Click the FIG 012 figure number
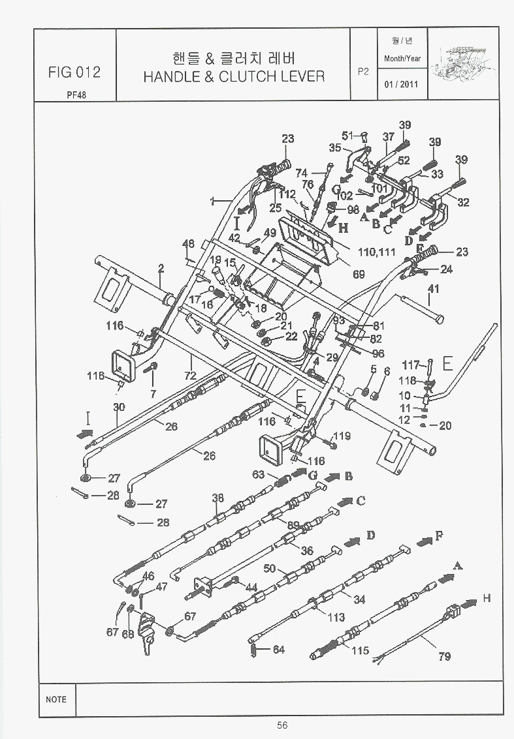tap(74, 72)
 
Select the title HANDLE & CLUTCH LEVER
tap(234, 76)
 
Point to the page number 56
tap(282, 725)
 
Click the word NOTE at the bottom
tap(56, 699)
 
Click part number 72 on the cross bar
tap(190, 376)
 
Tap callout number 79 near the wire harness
tap(444, 656)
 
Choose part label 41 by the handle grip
tap(433, 288)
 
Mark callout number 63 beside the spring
tap(259, 474)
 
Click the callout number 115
tap(360, 650)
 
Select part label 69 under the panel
tap(359, 275)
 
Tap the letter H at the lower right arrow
tap(487, 597)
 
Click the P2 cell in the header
tap(364, 72)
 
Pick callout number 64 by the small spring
tap(279, 649)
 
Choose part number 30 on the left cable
tap(118, 407)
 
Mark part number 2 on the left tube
tap(161, 267)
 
